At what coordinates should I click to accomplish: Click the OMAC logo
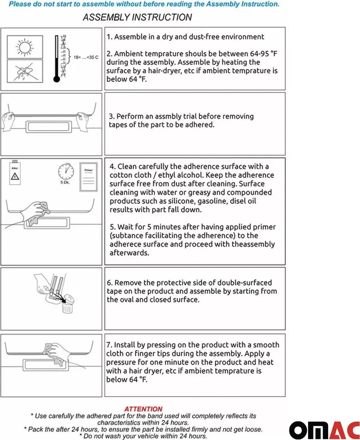(324, 430)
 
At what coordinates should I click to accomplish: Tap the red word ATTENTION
(143, 409)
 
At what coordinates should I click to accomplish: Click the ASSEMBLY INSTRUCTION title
(137, 17)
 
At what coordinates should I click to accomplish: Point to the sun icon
(24, 46)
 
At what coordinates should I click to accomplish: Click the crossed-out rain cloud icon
(24, 71)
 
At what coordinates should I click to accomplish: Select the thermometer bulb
(57, 79)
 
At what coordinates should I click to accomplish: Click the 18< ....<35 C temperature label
(86, 57)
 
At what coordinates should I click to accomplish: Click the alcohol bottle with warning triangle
(15, 173)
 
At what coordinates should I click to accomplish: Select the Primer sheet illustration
(88, 177)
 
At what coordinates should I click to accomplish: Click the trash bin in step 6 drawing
(67, 304)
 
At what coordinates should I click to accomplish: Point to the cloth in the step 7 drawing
(54, 354)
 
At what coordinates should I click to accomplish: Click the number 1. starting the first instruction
(109, 37)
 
